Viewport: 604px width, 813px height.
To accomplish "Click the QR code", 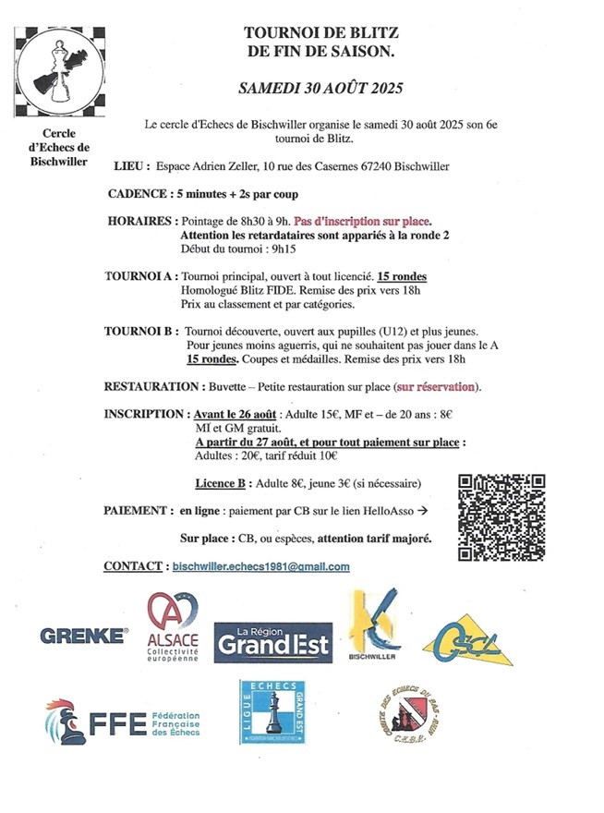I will [x=501, y=516].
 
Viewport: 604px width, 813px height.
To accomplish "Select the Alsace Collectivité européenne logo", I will [x=173, y=628].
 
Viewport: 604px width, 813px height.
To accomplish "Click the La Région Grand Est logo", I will [x=272, y=638].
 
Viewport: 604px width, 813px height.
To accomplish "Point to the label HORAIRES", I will [x=141, y=223].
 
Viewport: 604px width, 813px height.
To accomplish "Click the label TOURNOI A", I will [x=141, y=276].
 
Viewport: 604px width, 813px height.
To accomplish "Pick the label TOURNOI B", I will [x=141, y=330].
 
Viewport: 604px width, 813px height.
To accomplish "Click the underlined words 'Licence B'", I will [x=223, y=482].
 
